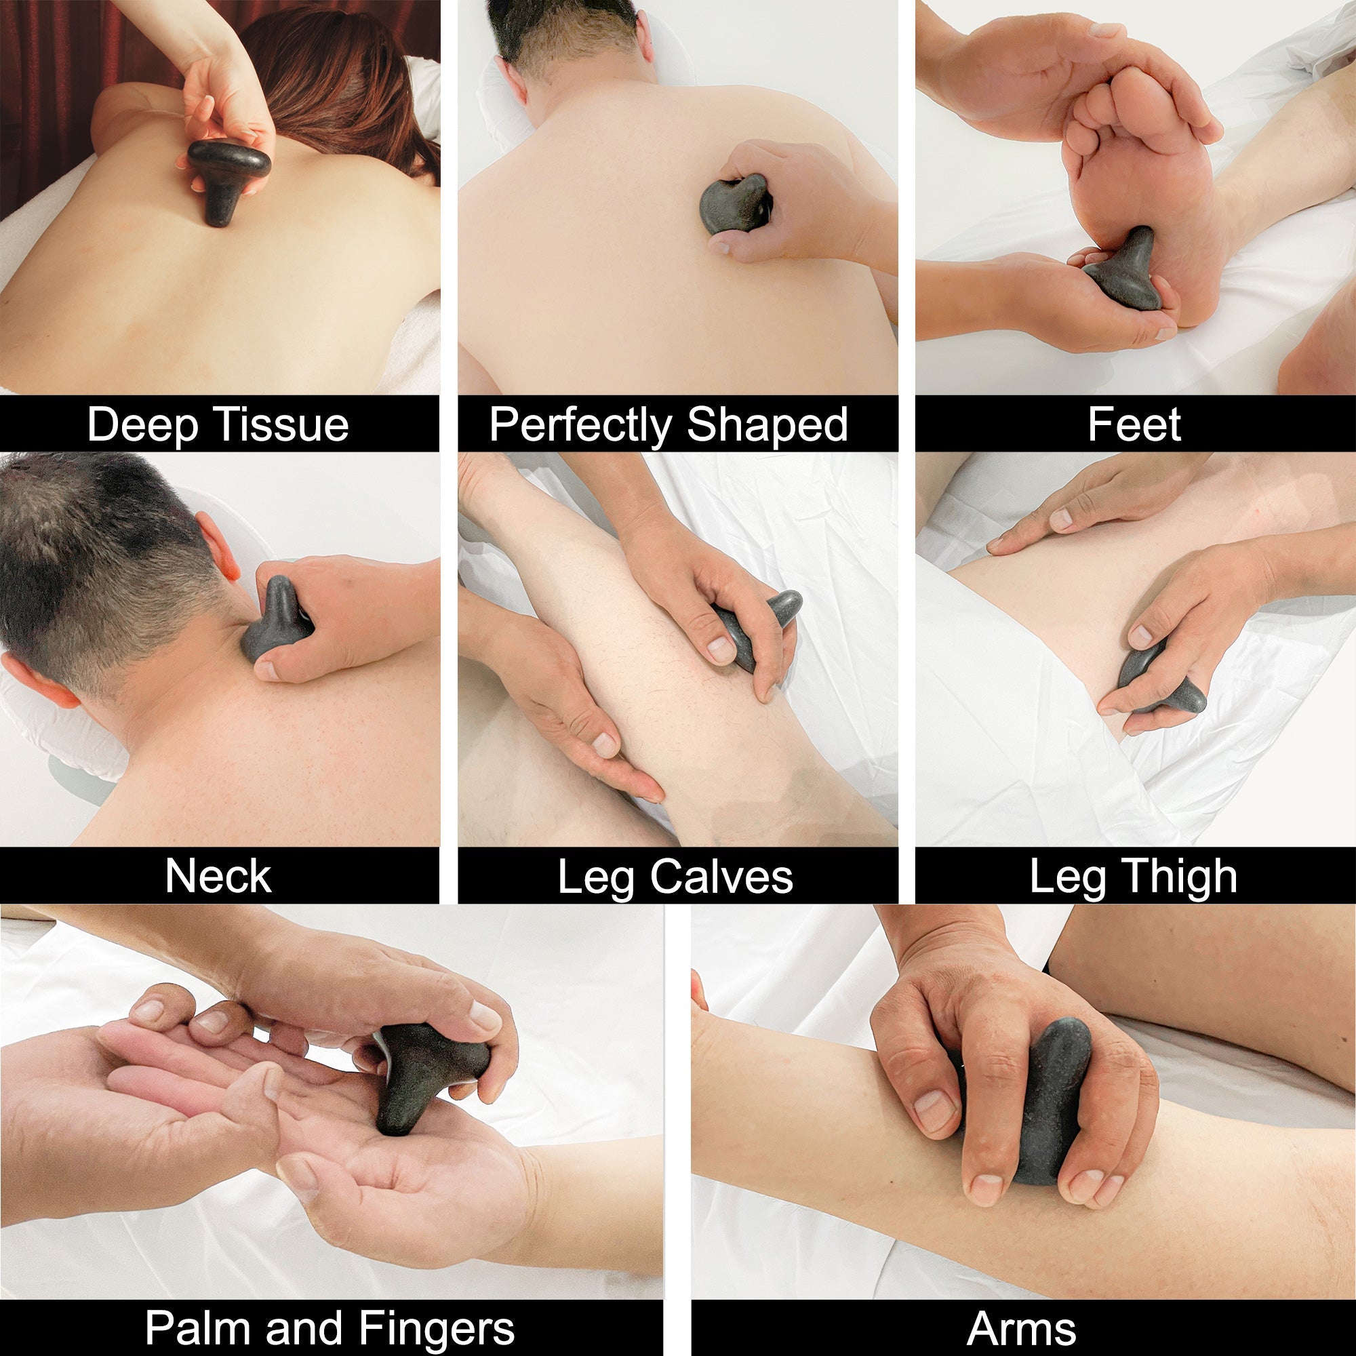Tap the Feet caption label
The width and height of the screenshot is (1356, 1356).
point(1134,424)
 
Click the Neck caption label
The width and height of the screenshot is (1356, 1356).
point(218,877)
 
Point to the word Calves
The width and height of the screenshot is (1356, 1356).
point(721,877)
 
